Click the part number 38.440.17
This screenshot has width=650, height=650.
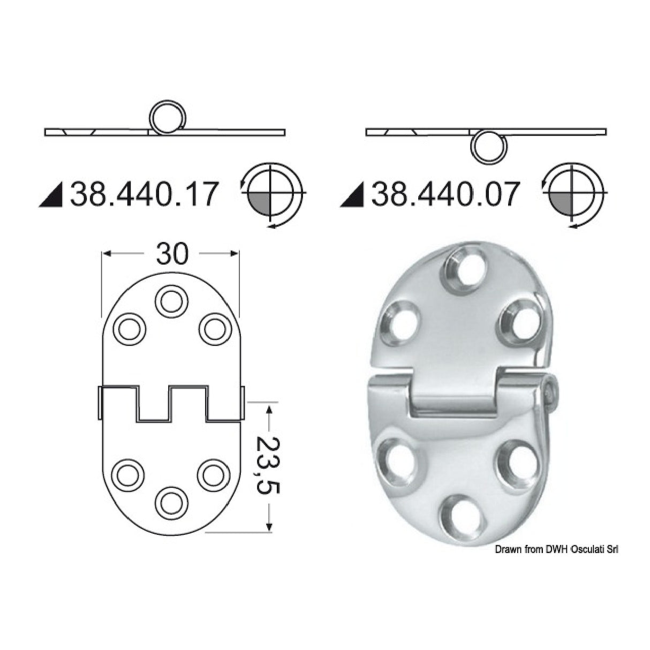click(145, 194)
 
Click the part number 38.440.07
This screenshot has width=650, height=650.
click(445, 194)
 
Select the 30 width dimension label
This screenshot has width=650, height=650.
click(172, 254)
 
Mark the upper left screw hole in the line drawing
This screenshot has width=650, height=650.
click(129, 329)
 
